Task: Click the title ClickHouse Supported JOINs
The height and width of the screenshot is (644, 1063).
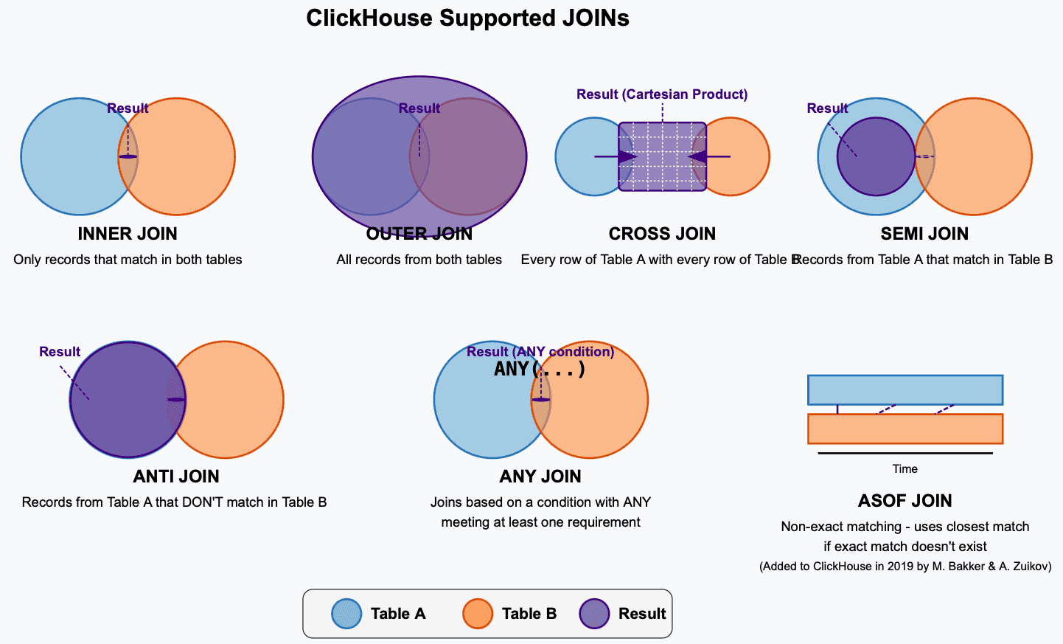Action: [x=467, y=18]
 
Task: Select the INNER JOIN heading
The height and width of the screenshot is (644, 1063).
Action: [x=128, y=234]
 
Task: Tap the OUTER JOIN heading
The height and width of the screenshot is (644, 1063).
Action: [x=419, y=234]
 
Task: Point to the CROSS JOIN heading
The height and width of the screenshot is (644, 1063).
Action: [x=662, y=234]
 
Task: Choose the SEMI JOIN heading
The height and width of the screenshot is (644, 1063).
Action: [x=924, y=234]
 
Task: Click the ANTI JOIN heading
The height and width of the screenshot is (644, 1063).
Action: [x=176, y=477]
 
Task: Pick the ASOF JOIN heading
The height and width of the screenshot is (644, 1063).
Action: [x=905, y=501]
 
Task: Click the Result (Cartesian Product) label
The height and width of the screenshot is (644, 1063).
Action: [x=662, y=94]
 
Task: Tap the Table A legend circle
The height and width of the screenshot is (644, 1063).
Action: [x=346, y=614]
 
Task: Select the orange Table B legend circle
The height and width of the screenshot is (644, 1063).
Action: [x=478, y=614]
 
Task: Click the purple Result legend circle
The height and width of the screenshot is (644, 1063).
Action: [x=594, y=614]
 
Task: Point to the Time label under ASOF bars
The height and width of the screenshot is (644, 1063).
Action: [x=905, y=469]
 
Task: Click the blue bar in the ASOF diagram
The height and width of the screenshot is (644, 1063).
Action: [x=905, y=390]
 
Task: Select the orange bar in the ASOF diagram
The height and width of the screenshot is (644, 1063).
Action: [x=905, y=429]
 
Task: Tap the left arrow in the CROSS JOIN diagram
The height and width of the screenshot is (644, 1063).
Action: [x=616, y=156]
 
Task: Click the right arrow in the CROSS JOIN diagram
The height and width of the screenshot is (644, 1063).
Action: [x=708, y=156]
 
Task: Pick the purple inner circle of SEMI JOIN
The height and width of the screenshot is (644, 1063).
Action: [x=875, y=156]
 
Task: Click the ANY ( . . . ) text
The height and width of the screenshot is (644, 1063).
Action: [x=540, y=369]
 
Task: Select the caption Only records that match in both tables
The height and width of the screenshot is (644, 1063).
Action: [x=128, y=260]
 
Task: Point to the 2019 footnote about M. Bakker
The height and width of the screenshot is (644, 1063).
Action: [x=905, y=567]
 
